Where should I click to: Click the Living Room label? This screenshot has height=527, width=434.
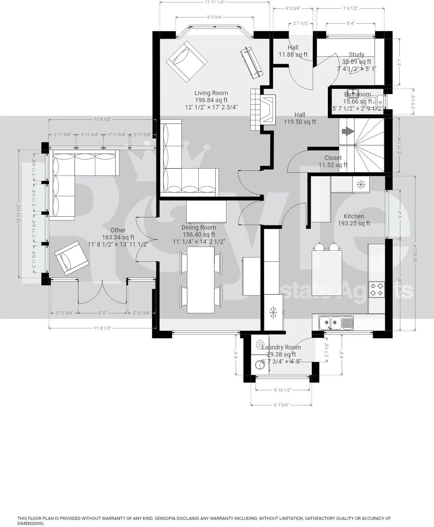211,93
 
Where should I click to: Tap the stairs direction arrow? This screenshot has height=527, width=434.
346,131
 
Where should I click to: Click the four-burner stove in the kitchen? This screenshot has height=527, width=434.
377,289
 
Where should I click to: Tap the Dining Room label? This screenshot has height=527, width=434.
198,227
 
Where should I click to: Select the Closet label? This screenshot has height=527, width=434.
333,158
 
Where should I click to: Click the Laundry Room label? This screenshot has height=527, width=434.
281,347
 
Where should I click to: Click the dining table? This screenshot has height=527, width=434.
200,279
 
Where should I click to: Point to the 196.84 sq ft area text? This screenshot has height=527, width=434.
211,100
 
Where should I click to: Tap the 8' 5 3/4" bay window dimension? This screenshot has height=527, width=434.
214,17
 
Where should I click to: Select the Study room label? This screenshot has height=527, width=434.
356,54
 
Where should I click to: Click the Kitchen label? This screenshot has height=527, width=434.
354,216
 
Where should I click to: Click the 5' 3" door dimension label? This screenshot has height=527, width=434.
102,313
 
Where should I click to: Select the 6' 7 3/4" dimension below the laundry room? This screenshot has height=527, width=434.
281,405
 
